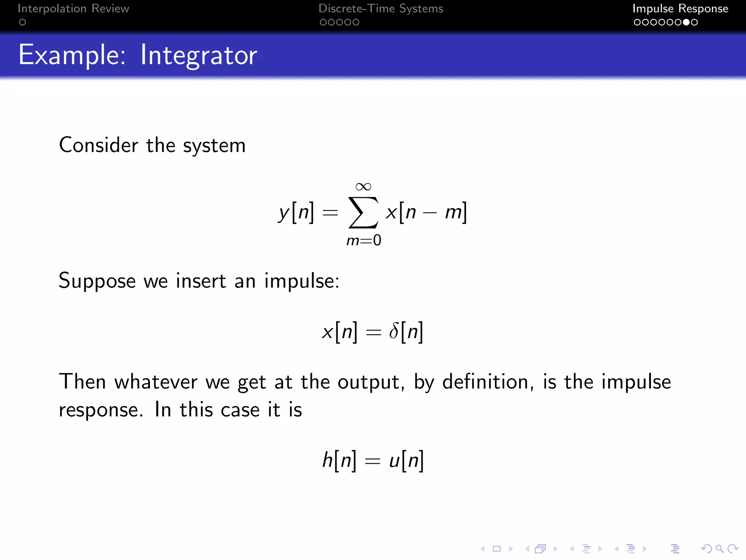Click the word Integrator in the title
click(199, 55)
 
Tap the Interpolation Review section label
click(73, 8)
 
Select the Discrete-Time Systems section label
click(381, 8)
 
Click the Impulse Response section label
click(680, 8)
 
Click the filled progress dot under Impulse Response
click(686, 22)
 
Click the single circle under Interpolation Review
click(22, 22)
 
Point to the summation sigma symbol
click(363, 212)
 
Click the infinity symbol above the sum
click(363, 187)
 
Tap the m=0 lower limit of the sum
click(364, 241)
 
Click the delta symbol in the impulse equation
click(394, 331)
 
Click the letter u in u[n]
click(394, 461)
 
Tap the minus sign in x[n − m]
click(430, 213)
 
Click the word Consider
click(98, 145)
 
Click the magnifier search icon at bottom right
click(719, 549)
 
